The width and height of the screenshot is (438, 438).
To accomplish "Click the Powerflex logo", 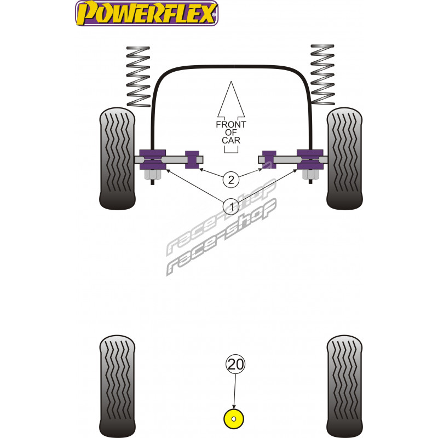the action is (x=147, y=13).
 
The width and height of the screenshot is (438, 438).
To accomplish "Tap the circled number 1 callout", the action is (x=231, y=207).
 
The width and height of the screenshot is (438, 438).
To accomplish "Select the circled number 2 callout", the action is (x=231, y=180).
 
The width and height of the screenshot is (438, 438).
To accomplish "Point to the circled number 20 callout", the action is (x=235, y=364).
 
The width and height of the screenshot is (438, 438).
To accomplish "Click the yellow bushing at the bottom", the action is (x=234, y=419).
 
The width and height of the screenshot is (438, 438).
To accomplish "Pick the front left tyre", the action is (x=117, y=158).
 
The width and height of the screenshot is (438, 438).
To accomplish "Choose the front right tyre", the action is (x=344, y=158).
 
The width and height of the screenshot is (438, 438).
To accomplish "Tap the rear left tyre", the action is (x=117, y=387).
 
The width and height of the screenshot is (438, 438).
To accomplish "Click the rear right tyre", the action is (x=344, y=387).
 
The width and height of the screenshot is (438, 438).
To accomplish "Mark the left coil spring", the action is (x=139, y=76).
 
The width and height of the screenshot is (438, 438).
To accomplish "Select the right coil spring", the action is (x=322, y=74).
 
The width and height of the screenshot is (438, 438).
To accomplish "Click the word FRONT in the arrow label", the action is (x=231, y=125).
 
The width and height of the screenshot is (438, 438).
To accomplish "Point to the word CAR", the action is (x=231, y=140).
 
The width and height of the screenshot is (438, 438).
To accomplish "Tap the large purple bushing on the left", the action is (x=153, y=159).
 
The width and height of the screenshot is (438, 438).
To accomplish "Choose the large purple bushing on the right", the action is (x=310, y=159).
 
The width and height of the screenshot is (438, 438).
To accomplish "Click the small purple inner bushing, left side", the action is (x=192, y=159).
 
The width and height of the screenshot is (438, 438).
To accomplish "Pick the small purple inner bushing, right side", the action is (x=269, y=159).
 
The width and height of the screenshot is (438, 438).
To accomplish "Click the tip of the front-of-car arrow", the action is (x=231, y=82).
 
